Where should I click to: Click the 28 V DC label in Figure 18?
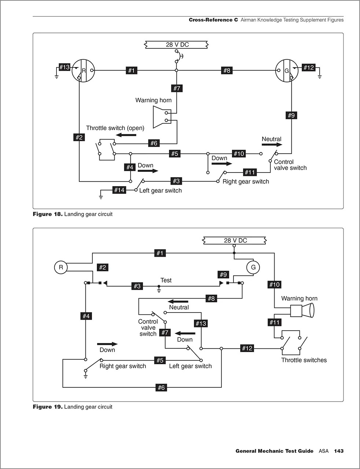click(177, 45)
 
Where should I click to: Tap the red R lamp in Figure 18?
click(83, 70)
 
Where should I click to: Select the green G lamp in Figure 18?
click(287, 70)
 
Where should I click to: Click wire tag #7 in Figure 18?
click(177, 88)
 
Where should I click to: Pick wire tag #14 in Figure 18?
click(119, 190)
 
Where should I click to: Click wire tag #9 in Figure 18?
click(291, 115)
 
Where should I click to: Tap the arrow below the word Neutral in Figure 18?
click(272, 145)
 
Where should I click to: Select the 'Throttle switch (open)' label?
click(115, 128)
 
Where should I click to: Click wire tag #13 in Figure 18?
click(65, 67)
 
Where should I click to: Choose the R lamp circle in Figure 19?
click(61, 267)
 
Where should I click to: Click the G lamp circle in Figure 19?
click(253, 267)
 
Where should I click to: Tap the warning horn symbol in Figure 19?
click(302, 311)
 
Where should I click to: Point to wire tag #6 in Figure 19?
click(161, 387)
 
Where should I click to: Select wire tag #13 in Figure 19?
click(201, 323)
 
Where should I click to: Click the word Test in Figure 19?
click(166, 280)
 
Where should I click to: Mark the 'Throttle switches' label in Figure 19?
click(304, 360)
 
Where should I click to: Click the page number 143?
click(339, 451)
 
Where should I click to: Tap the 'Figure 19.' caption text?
click(48, 407)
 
